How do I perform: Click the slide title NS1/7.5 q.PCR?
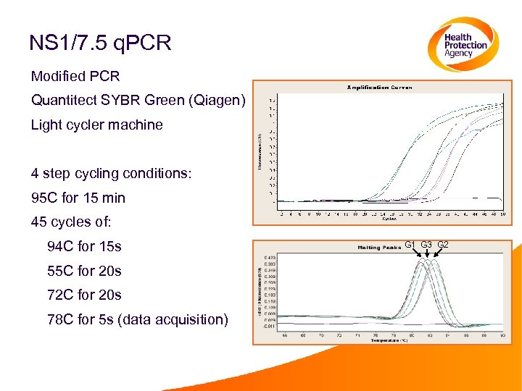(x=100, y=43)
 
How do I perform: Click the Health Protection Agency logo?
(x=461, y=45)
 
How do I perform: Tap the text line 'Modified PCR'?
(x=75, y=76)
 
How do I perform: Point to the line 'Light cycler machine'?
(x=96, y=125)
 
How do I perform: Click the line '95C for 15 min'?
(x=78, y=198)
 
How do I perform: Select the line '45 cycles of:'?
(x=71, y=222)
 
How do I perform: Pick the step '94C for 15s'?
(x=84, y=246)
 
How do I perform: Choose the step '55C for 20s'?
(x=84, y=271)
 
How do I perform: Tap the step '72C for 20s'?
(x=84, y=295)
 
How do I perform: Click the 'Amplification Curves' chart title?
(x=380, y=87)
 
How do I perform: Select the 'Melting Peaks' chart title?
(x=378, y=247)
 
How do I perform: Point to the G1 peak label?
(x=410, y=245)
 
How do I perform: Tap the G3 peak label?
(x=426, y=245)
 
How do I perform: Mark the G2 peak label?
(x=442, y=245)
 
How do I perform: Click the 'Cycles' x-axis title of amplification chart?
(x=391, y=219)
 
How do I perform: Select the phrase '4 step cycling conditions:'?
(x=111, y=174)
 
